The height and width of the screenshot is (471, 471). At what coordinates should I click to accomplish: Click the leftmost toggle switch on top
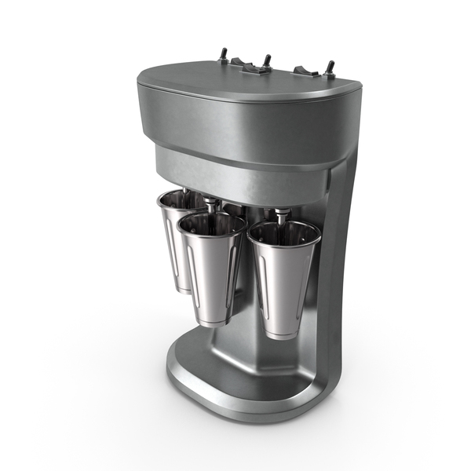point(223,54)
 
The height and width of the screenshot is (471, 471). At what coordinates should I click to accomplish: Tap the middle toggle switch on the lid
point(267,60)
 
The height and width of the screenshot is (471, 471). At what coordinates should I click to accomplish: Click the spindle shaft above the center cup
point(211,206)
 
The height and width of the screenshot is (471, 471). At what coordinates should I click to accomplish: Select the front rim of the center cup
point(210,232)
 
